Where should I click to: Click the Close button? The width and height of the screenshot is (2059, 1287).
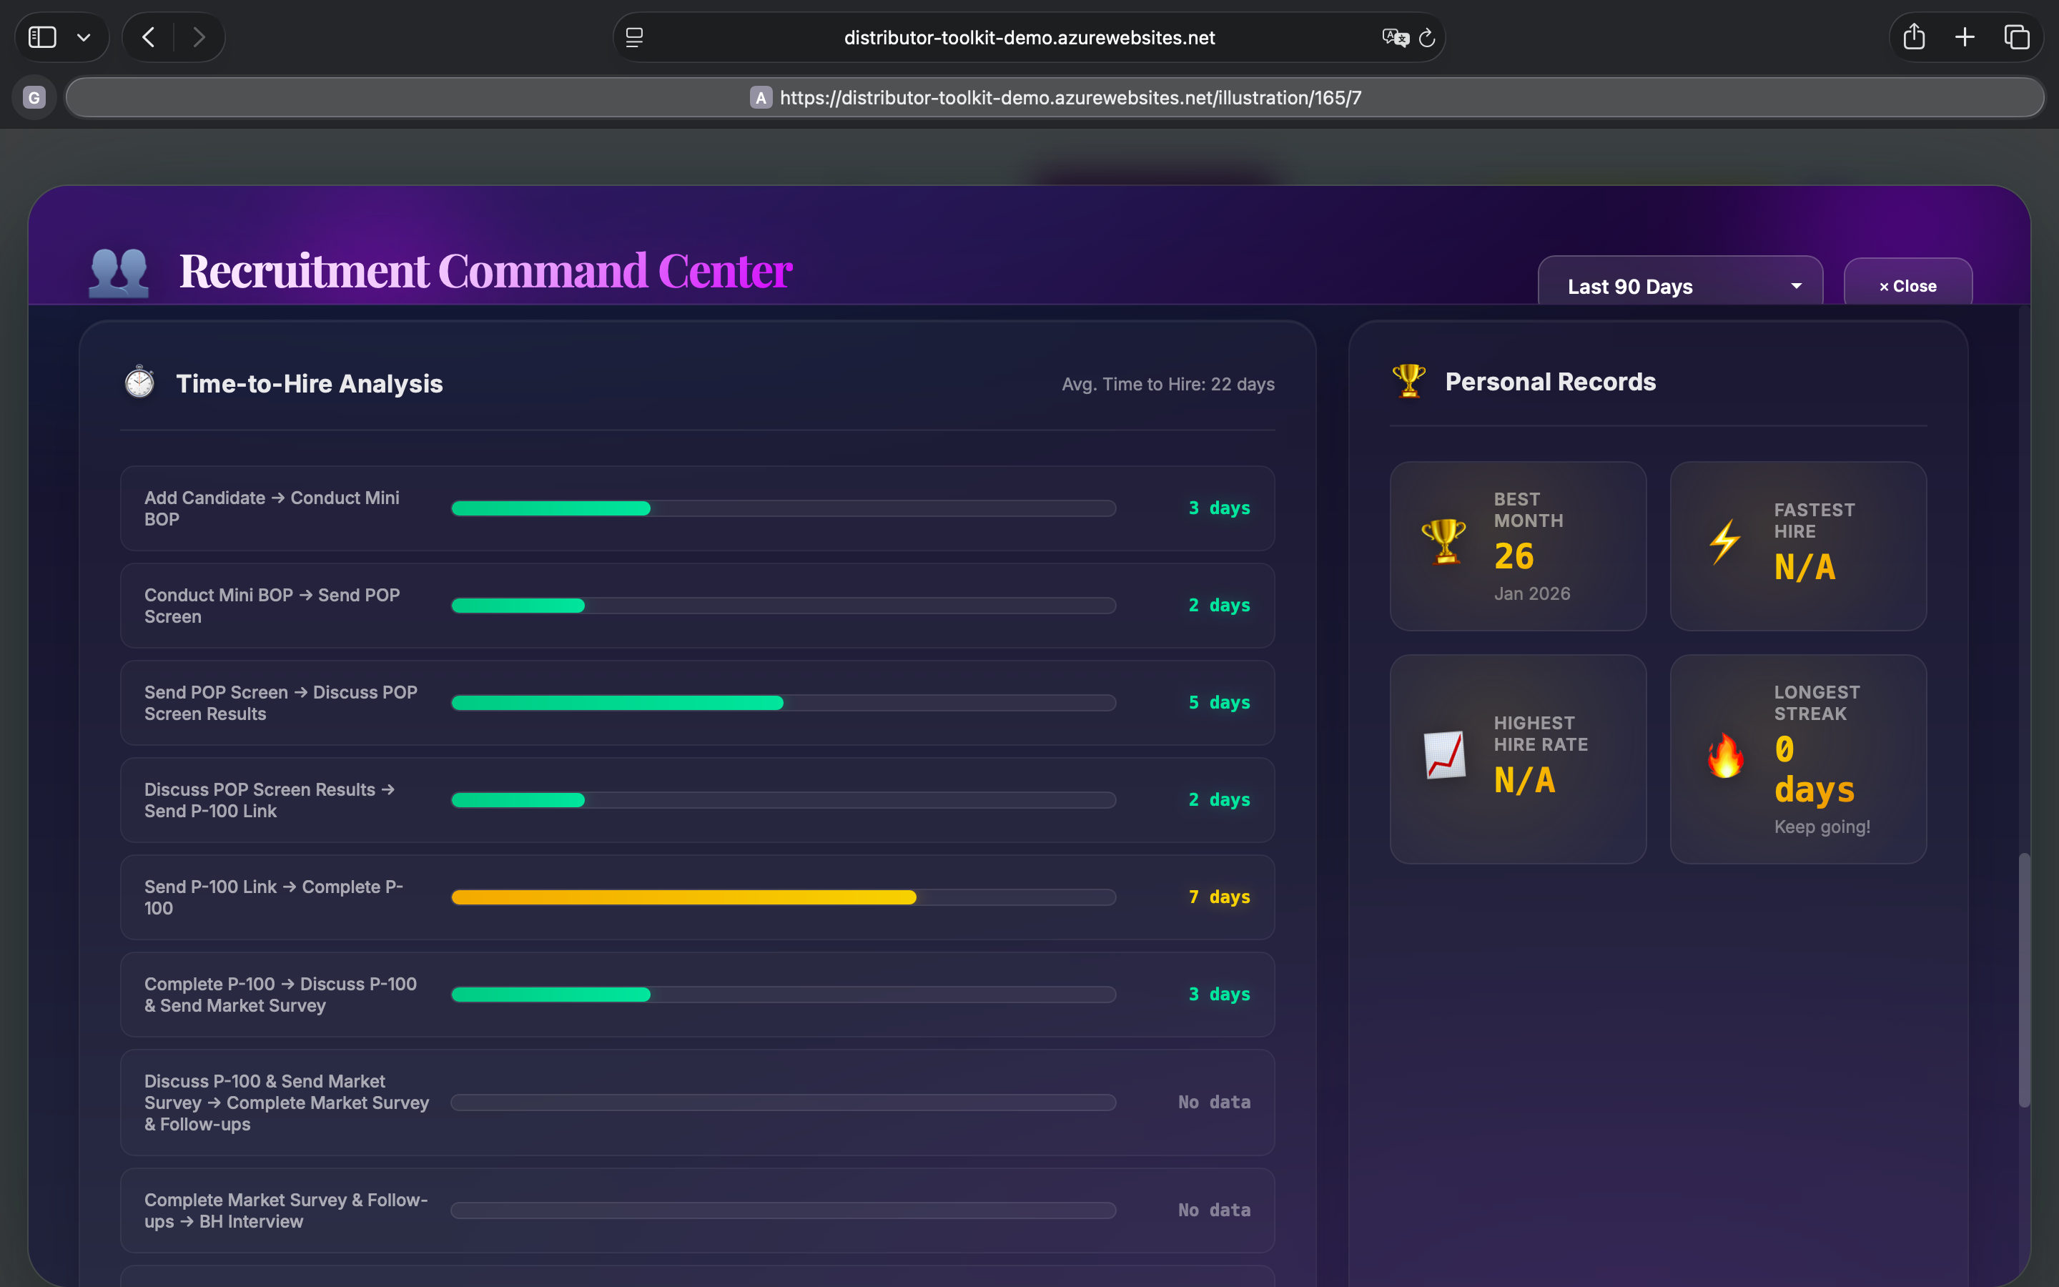tap(1907, 286)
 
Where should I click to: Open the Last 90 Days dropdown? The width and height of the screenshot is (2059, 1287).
tap(1679, 286)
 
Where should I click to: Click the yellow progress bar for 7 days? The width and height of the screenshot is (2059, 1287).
tap(683, 897)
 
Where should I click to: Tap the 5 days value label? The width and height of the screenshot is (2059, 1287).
tap(1218, 702)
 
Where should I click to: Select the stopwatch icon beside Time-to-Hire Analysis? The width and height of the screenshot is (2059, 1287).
tap(139, 383)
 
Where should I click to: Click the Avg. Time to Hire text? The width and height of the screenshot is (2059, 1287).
tap(1167, 384)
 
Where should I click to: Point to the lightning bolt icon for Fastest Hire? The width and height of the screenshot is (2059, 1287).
tap(1724, 541)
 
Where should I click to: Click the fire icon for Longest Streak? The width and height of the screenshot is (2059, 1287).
tap(1724, 756)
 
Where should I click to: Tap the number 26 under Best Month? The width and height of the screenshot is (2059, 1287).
tap(1514, 557)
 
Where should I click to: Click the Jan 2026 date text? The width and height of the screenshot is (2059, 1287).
tap(1531, 593)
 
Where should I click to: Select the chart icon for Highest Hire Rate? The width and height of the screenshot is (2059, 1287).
tap(1445, 755)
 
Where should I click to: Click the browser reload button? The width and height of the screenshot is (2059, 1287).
tap(1427, 37)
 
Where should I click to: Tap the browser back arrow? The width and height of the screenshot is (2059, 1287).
tap(149, 37)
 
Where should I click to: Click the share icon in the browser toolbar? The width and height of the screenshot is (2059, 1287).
tap(1913, 37)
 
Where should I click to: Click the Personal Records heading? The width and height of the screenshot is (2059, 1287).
tap(1550, 383)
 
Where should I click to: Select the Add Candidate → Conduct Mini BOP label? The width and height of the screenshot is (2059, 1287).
tap(272, 508)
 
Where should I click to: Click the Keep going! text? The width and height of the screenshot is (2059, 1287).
tap(1822, 827)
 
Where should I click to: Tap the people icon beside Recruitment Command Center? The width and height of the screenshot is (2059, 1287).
tap(119, 272)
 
